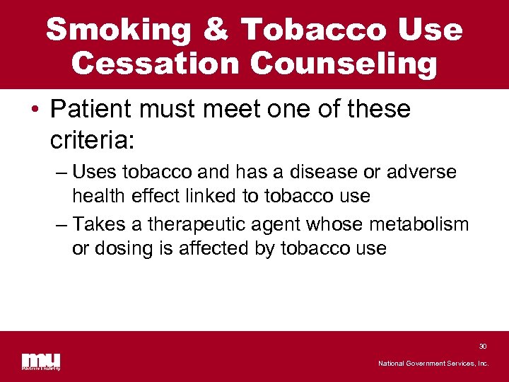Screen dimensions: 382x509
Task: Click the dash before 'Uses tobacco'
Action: tap(60, 172)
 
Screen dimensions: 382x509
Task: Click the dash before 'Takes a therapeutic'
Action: tap(60, 225)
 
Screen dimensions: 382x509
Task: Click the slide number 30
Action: tap(483, 346)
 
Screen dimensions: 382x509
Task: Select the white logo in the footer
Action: tap(41, 361)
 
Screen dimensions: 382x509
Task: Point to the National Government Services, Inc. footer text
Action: tap(433, 363)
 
